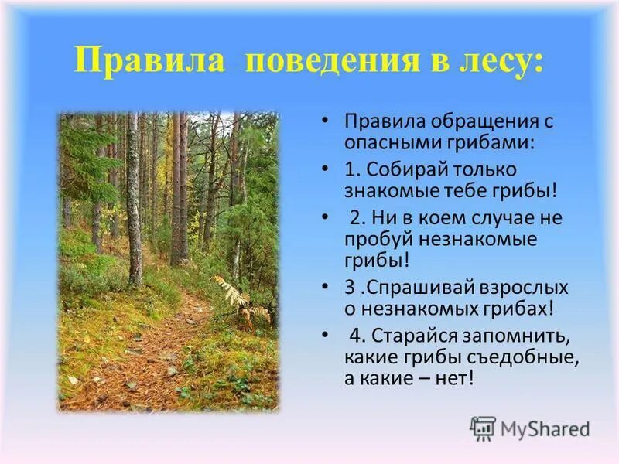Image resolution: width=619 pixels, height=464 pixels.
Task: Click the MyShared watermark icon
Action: point(482,427)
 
